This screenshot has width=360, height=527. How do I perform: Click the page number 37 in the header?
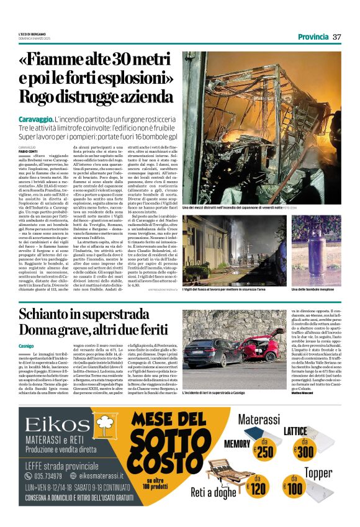click(337, 37)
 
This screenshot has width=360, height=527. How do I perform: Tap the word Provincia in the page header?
click(313, 37)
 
